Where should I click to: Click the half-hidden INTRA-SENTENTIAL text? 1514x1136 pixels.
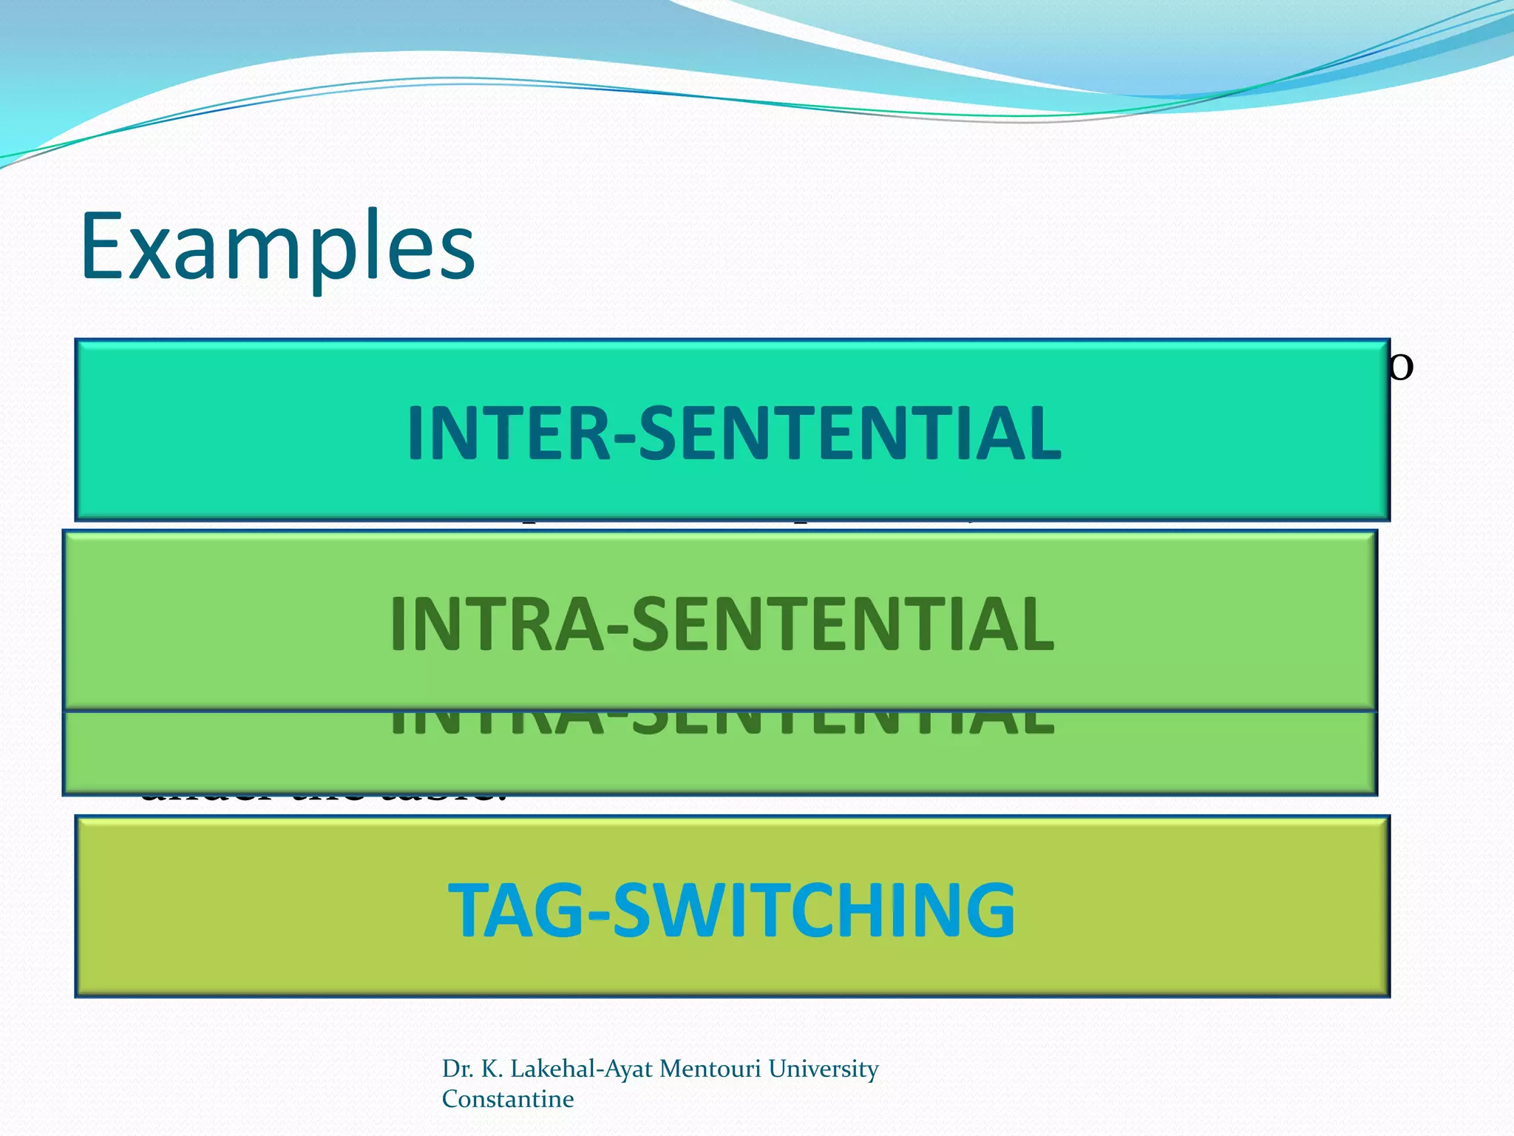pyautogui.click(x=722, y=725)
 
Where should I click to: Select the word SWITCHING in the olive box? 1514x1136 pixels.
pyautogui.click(x=814, y=910)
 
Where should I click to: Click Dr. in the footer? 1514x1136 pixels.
pyautogui.click(x=458, y=1069)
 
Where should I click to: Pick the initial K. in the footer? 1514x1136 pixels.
pyautogui.click(x=492, y=1069)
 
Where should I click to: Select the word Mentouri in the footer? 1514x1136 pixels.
pyautogui.click(x=710, y=1069)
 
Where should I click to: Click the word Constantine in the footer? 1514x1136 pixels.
pyautogui.click(x=508, y=1099)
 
